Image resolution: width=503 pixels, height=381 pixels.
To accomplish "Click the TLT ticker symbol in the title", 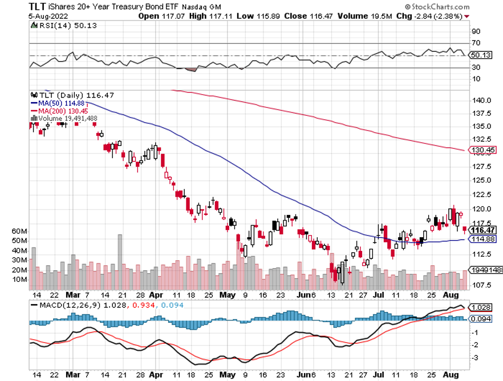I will tap(39, 6).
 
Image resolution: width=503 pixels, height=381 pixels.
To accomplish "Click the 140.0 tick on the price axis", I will tap(482, 100).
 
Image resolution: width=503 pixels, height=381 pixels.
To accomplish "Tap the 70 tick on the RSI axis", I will tap(475, 43).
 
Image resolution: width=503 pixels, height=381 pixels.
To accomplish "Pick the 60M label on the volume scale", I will tap(20, 232).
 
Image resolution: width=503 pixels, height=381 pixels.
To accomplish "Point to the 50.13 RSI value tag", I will tap(480, 55).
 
